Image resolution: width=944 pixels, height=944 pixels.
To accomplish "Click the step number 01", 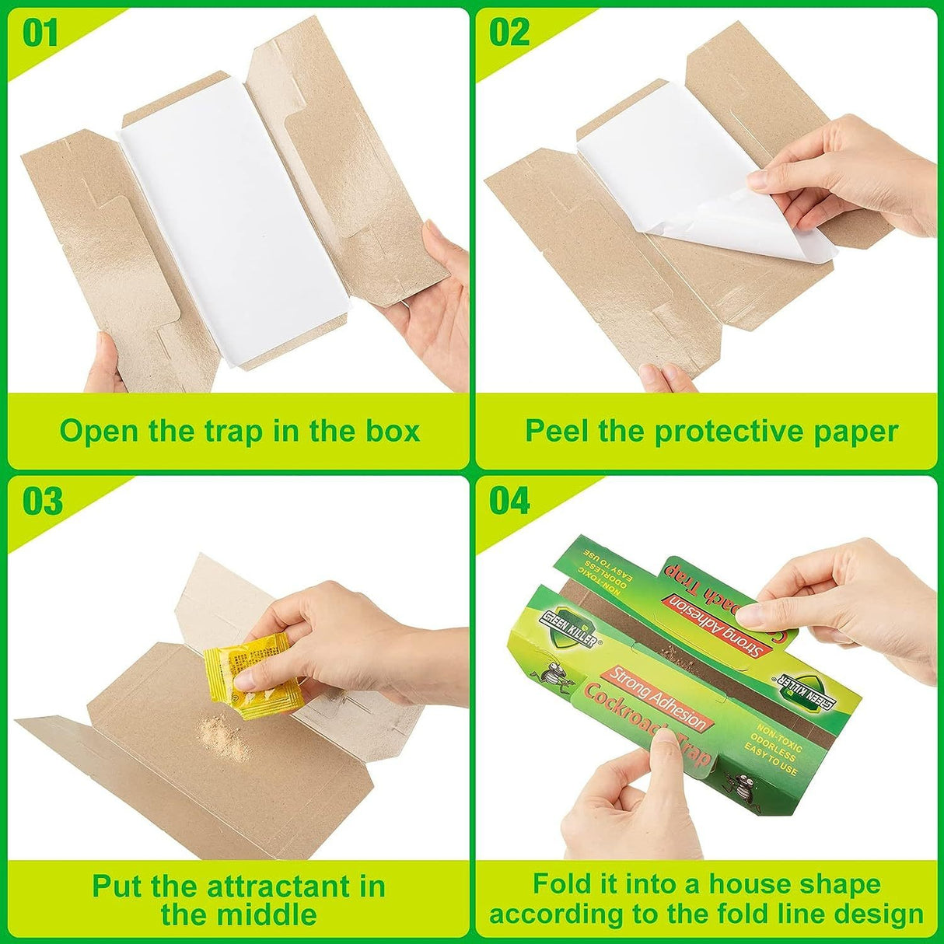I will pyautogui.click(x=40, y=33).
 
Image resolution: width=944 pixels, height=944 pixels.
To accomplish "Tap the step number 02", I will pyautogui.click(x=509, y=33).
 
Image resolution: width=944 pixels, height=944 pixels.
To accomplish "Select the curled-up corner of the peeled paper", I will pyautogui.click(x=700, y=226).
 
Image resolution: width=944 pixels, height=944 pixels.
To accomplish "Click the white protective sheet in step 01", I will pyautogui.click(x=233, y=233).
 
